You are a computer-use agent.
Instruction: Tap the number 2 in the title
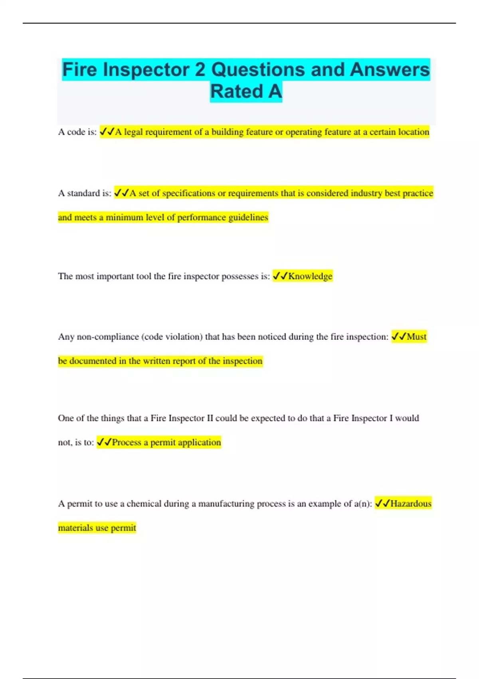pos(200,70)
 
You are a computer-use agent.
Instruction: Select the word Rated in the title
pos(236,91)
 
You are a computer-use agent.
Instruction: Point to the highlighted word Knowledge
pos(310,276)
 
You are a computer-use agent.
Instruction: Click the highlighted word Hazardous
pos(411,504)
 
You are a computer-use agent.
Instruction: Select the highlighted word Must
pos(417,337)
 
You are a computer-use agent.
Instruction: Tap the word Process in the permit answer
pos(127,443)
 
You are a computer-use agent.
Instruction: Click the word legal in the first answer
pos(133,132)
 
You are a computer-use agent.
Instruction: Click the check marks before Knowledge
pos(280,276)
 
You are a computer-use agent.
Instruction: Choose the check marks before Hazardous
pos(382,504)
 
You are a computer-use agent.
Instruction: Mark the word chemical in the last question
pos(144,504)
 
